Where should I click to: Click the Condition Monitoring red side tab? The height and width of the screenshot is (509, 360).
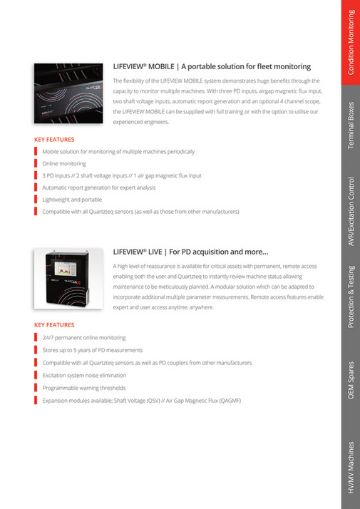351,43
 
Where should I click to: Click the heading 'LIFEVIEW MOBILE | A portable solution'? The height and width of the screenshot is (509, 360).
212,66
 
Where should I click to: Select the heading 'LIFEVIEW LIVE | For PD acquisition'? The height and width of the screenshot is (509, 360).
191,251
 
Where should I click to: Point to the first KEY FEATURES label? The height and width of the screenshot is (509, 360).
54,139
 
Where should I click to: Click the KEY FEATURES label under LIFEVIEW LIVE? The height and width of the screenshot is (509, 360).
54,324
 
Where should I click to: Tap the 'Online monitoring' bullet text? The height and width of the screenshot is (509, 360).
64,163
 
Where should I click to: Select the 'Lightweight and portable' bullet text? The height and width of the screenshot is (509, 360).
72,200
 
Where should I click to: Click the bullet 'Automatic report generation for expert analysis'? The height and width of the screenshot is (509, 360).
99,187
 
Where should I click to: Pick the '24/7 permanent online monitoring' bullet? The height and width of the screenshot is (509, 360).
84,337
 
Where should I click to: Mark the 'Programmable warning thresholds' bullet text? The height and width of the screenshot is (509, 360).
84,388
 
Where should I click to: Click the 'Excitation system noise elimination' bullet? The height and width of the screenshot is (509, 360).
84,375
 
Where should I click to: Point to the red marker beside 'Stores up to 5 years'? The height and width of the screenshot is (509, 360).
36,350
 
